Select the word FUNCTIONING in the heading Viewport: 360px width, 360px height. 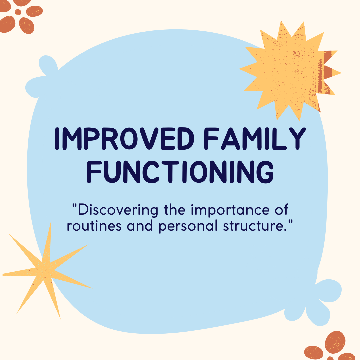(180, 171)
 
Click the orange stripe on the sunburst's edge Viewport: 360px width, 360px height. (328, 72)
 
